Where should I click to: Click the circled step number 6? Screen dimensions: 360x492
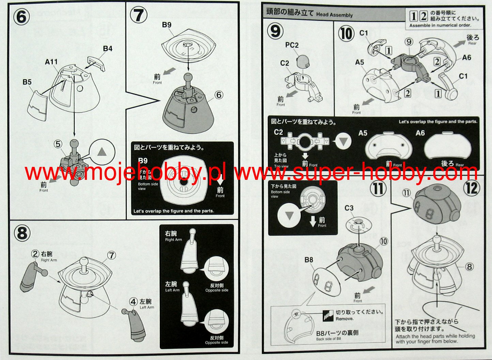[21, 16]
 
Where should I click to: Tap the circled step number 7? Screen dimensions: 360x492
[139, 16]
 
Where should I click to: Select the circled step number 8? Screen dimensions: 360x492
[22, 234]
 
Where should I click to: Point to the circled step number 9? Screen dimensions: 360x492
[275, 31]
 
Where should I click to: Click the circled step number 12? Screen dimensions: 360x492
[472, 187]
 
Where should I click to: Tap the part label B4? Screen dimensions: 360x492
[108, 49]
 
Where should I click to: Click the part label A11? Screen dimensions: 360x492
[51, 62]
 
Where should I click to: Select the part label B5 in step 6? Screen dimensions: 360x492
[27, 82]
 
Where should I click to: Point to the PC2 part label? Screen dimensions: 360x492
[292, 45]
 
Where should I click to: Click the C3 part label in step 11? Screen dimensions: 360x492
[349, 208]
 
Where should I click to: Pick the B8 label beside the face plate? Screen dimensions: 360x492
[309, 260]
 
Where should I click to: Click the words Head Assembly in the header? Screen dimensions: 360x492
[334, 15]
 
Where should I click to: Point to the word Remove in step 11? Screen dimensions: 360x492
[344, 319]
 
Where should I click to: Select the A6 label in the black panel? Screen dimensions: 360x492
[420, 133]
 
